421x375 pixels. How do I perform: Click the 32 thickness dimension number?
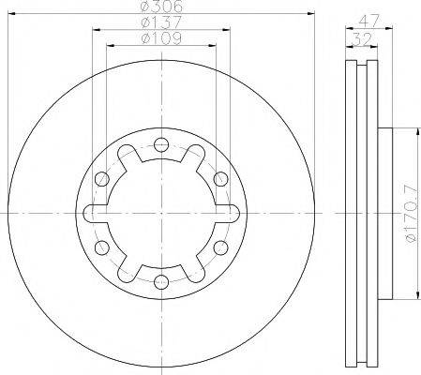pos(359,38)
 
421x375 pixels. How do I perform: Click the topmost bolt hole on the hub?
pos(160,143)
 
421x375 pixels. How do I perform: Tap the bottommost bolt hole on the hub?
pos(160,281)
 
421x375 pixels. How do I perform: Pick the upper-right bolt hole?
pos(220,178)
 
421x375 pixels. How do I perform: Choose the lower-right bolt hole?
pos(220,247)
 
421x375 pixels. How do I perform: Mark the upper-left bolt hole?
pos(100,178)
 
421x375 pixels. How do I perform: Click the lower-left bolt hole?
pos(100,247)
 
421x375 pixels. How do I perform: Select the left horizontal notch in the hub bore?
pos(91,213)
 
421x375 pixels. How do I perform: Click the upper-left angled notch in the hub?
pos(127,156)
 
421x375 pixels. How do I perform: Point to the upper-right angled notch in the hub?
pos(194,156)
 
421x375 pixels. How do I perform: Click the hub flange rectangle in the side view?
pos(383,213)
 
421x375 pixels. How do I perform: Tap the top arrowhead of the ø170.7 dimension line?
pos(411,131)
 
